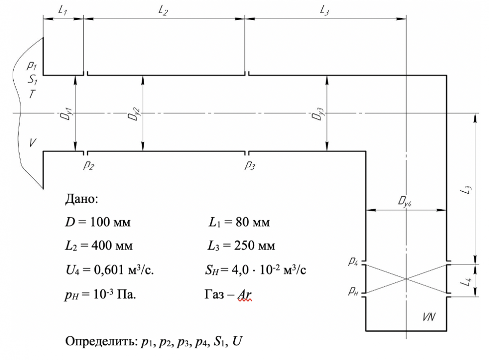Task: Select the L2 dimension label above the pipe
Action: click(x=163, y=11)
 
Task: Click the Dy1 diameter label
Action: click(x=67, y=113)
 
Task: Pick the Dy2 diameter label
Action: click(x=134, y=113)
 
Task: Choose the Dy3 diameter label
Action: click(x=318, y=113)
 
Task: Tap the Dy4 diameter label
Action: click(x=405, y=202)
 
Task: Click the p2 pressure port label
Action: click(x=89, y=165)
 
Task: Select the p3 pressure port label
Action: click(x=250, y=165)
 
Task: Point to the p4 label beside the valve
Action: click(x=353, y=261)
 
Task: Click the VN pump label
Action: click(x=429, y=317)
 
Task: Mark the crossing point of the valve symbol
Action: click(x=406, y=279)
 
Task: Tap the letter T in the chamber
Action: click(x=32, y=94)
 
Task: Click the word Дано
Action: click(x=82, y=199)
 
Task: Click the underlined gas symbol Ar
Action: click(x=244, y=294)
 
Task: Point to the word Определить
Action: click(x=101, y=341)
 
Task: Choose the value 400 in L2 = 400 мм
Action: click(x=102, y=246)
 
